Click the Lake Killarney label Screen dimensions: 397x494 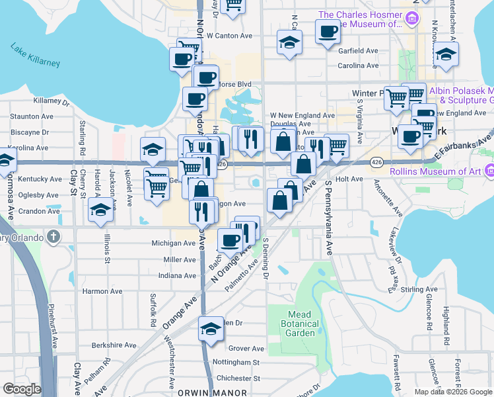[35, 55]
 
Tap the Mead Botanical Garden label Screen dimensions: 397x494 [304, 324]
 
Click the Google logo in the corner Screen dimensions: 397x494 [22, 389]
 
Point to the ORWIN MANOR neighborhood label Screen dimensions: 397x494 [203, 392]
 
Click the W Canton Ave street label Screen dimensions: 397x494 [230, 36]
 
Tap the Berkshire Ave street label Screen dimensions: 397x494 [114, 345]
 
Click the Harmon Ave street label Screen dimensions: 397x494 [102, 291]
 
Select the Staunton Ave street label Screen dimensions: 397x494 [31, 116]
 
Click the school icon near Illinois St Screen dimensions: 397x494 [100, 212]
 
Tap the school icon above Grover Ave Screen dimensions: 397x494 [211, 329]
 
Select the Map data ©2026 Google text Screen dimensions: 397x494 [454, 392]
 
